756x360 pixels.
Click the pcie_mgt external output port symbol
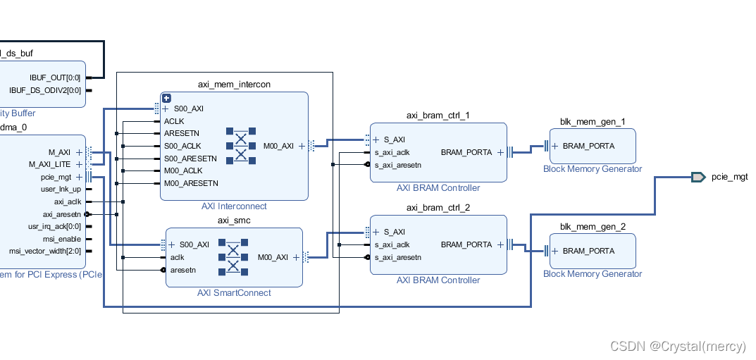(x=698, y=177)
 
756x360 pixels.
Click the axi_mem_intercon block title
(x=234, y=85)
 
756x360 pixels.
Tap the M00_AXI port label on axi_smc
(x=273, y=257)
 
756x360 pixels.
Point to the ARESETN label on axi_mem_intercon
(x=182, y=133)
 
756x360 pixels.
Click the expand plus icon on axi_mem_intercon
(x=166, y=99)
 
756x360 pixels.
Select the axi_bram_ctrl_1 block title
(x=438, y=116)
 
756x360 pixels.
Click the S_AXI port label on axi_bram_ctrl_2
(x=394, y=232)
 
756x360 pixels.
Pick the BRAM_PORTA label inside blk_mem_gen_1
(x=588, y=146)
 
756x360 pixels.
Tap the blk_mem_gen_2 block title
(x=593, y=226)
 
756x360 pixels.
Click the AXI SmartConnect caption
(x=234, y=293)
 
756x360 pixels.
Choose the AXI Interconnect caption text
(x=234, y=206)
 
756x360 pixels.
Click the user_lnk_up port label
(x=61, y=189)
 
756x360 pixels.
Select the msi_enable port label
(x=63, y=239)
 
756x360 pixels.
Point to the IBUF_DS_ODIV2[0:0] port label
(x=45, y=90)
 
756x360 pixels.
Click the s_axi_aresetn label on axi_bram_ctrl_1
(x=398, y=165)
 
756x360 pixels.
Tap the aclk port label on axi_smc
(x=178, y=257)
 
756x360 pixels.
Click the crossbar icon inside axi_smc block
(x=233, y=256)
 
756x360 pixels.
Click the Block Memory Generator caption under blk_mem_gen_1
(x=593, y=169)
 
